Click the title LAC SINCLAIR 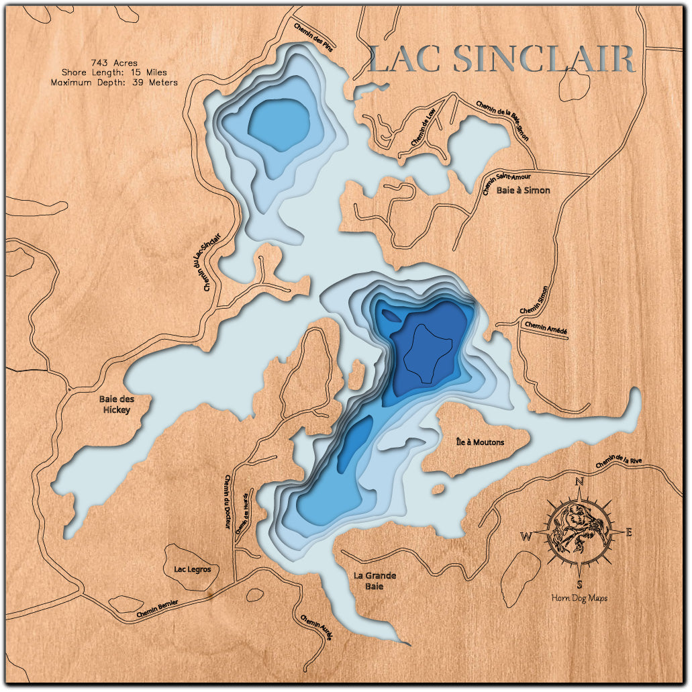[501, 59]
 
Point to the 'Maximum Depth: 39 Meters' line [114, 83]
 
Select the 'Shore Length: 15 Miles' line [114, 72]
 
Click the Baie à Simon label [523, 191]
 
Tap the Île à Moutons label [480, 442]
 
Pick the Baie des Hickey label [116, 405]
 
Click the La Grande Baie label [375, 581]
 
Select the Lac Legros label [193, 569]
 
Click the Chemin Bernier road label [157, 608]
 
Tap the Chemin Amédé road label [546, 326]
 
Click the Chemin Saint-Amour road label [507, 183]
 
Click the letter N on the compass [579, 481]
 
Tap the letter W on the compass [527, 536]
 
